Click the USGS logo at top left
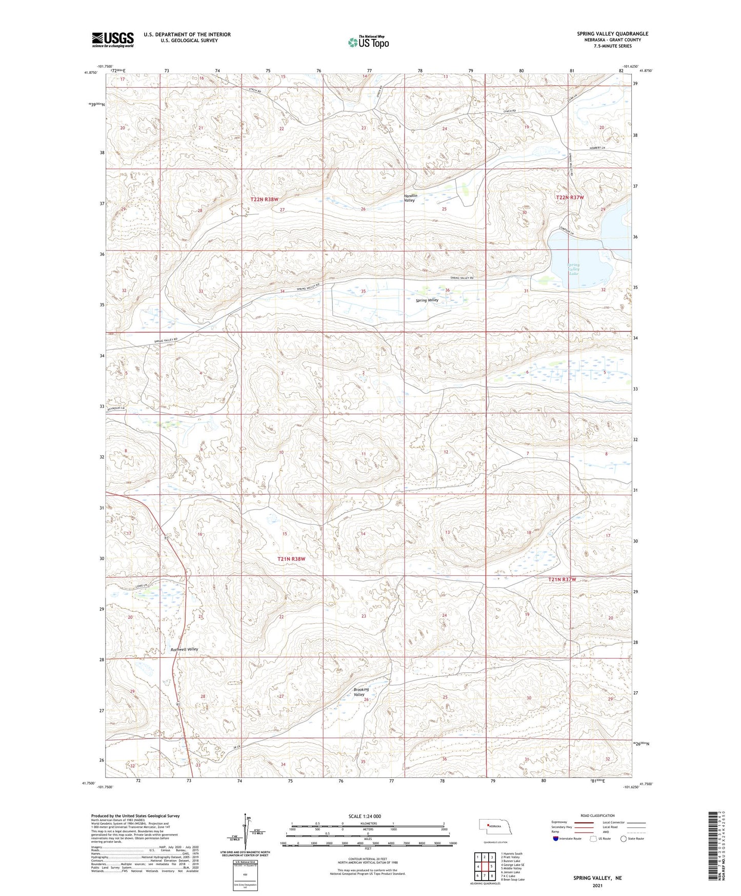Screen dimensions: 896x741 click(x=112, y=40)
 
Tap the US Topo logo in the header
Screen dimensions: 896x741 click(x=368, y=42)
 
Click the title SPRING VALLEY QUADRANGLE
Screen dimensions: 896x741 click(x=612, y=34)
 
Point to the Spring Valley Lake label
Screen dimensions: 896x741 click(x=573, y=269)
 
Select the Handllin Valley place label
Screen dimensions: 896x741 click(x=410, y=198)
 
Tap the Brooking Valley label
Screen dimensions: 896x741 click(x=361, y=692)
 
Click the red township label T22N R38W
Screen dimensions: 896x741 click(x=264, y=199)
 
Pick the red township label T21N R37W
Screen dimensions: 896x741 click(x=562, y=579)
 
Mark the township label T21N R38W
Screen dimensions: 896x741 click(x=291, y=559)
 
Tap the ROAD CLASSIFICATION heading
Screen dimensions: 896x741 click(x=598, y=815)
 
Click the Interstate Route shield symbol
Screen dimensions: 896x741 click(x=556, y=839)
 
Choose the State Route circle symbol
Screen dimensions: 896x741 click(x=624, y=839)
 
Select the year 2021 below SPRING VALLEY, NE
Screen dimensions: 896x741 click(x=597, y=886)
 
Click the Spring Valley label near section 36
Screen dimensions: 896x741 click(x=427, y=300)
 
